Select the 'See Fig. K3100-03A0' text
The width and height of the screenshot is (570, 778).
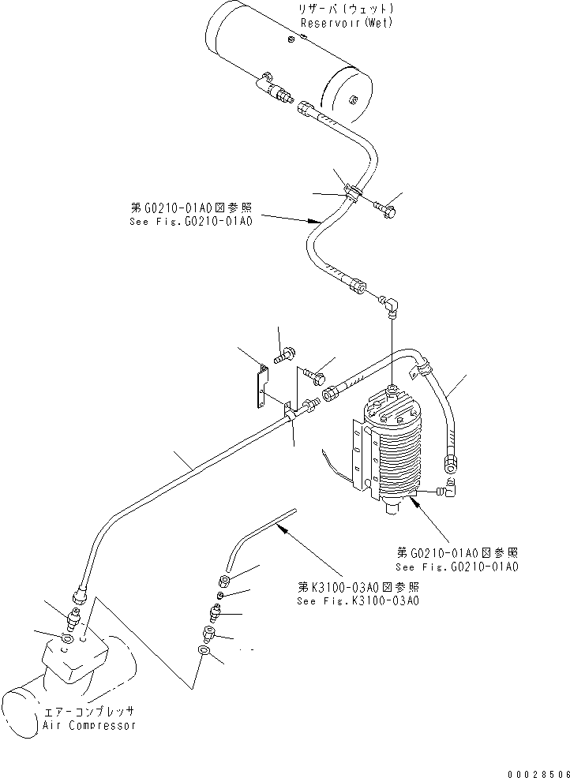click(x=358, y=600)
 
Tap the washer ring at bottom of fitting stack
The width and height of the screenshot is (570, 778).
click(x=204, y=651)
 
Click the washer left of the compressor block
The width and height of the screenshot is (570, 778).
click(x=67, y=637)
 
